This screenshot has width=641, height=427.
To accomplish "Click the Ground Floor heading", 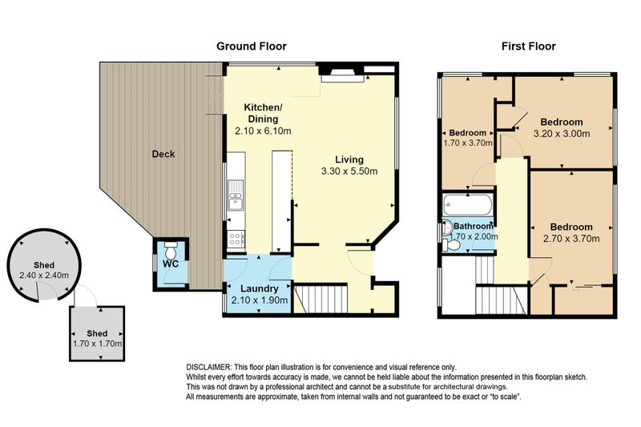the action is coord(252,46).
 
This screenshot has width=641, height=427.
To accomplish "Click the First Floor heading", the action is coord(529,46).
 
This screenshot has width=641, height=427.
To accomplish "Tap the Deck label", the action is coord(163,154).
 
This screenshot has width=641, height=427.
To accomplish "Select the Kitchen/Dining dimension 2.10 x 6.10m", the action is coord(263,131).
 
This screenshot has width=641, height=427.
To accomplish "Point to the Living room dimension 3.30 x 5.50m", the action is coord(349,171).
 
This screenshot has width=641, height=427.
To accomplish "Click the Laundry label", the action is coord(259,288).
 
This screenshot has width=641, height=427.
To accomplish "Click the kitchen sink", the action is coord(236,195).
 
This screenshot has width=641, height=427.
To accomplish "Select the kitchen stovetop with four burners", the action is coord(236,238).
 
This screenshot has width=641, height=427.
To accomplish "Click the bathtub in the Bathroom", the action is coord(468,205).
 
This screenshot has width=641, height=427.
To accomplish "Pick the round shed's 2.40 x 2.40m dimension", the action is coord(44,276).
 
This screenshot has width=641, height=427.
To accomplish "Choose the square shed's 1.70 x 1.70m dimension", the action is coord(97,344).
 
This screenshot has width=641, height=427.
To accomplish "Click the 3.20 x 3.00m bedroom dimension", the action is coord(562,134).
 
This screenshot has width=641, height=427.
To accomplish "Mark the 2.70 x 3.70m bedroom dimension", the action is coord(571,239).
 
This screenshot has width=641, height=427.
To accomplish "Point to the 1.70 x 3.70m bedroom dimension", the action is coord(468,143).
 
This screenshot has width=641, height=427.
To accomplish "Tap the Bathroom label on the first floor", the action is coord(474,226).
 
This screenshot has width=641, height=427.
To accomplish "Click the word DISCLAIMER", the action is coord(209,367).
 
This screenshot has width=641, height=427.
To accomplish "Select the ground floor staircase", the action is coord(320,299).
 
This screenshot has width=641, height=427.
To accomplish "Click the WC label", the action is coord(171,264).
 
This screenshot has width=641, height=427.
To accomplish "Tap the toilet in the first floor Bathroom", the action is coord(451,245).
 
